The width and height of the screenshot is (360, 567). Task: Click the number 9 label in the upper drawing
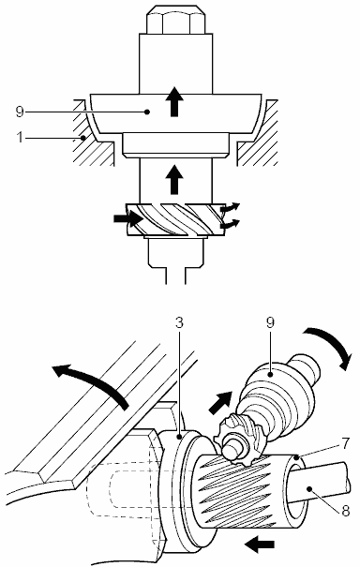click(20, 112)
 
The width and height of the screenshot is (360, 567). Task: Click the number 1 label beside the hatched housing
click(21, 138)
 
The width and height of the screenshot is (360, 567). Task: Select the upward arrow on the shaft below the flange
click(174, 179)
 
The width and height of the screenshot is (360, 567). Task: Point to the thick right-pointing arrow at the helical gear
click(128, 218)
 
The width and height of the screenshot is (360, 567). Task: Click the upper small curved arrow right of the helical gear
click(231, 207)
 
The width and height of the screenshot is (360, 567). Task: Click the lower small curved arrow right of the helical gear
click(231, 224)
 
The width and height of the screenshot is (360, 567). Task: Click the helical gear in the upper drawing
click(175, 219)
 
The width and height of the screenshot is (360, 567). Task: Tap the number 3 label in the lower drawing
click(179, 322)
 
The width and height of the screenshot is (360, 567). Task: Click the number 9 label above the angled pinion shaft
click(271, 322)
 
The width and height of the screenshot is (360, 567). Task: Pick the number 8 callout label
click(346, 511)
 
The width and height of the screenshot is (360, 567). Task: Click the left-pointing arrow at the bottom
click(259, 544)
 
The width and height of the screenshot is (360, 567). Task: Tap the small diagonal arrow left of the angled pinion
click(220, 402)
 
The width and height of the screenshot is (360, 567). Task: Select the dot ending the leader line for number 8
click(309, 489)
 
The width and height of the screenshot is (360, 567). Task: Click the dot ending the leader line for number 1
click(82, 138)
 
